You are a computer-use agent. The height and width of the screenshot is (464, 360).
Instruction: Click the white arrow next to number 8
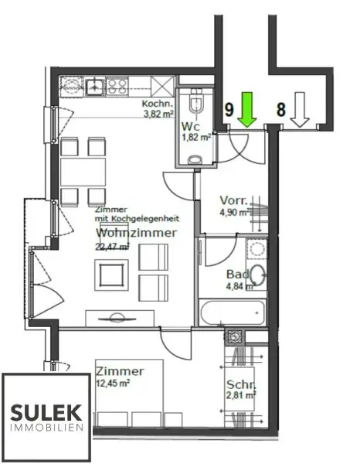pyautogui.click(x=301, y=110)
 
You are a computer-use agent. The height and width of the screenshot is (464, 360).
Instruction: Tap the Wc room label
pyautogui.click(x=191, y=127)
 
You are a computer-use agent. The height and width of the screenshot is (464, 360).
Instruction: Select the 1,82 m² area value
pyautogui.click(x=196, y=138)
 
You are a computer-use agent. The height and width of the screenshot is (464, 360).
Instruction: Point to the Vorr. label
pyautogui.click(x=233, y=199)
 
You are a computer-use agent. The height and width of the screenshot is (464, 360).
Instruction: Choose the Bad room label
pyautogui.click(x=236, y=275)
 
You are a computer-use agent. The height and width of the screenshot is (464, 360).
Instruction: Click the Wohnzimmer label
pyautogui.click(x=136, y=233)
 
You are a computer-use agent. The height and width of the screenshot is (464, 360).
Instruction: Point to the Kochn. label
pyautogui.click(x=158, y=104)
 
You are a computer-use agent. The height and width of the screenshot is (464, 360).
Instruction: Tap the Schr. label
pyautogui.click(x=241, y=385)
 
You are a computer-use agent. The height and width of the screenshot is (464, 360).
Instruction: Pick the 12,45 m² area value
pyautogui.click(x=113, y=382)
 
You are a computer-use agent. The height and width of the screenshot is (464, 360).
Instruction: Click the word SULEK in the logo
pyautogui.click(x=46, y=410)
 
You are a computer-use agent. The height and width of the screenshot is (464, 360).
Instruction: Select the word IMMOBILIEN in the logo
pyautogui.click(x=46, y=427)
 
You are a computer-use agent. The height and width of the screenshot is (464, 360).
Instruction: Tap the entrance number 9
pyautogui.click(x=229, y=110)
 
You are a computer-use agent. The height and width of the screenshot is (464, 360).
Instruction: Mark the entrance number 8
pyautogui.click(x=282, y=110)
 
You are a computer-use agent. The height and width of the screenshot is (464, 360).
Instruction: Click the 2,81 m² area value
pyautogui.click(x=241, y=397)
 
